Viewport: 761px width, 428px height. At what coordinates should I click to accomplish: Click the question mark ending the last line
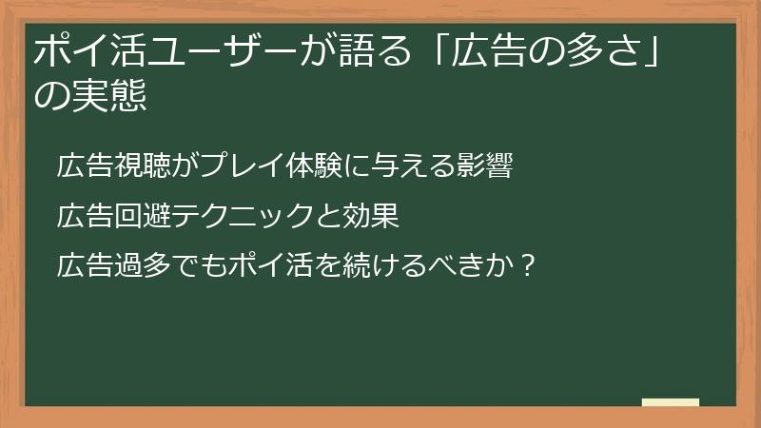(528, 262)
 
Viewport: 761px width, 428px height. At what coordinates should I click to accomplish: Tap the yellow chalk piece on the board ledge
(670, 402)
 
